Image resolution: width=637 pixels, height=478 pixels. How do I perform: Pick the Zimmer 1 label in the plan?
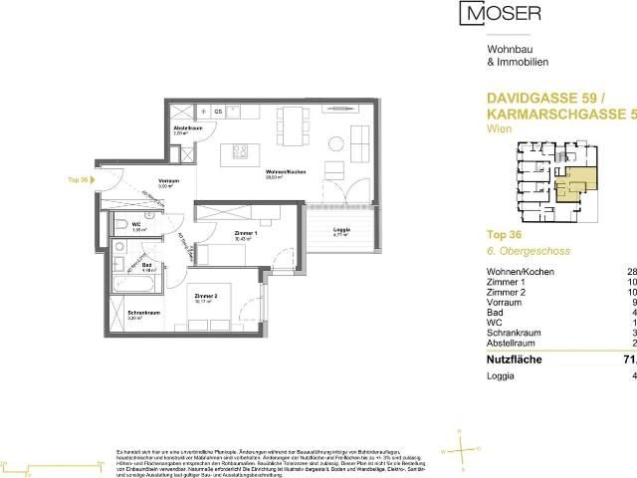pos(236,234)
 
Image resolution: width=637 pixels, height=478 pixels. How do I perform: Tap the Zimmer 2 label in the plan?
pos(207,297)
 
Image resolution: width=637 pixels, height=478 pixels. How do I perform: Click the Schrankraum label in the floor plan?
pos(140,315)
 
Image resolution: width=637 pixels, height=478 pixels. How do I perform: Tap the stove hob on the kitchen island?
pos(242,151)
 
